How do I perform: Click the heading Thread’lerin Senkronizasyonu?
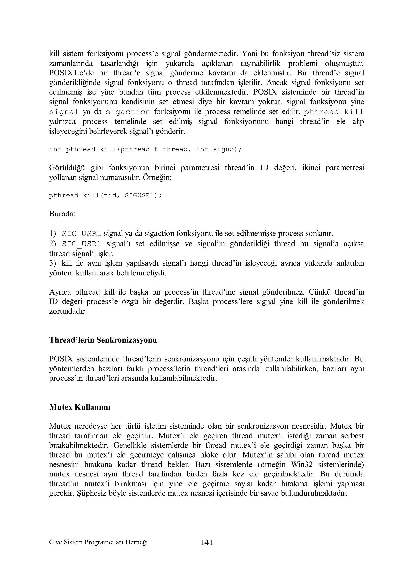(x=103, y=340)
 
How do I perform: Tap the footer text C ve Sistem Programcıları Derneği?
(x=98, y=542)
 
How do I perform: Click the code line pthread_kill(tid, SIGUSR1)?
(x=105, y=195)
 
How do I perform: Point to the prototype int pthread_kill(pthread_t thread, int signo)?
(x=145, y=149)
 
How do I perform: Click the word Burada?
(x=62, y=214)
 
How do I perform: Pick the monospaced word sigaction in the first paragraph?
(x=128, y=112)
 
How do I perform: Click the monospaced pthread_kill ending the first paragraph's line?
(x=334, y=112)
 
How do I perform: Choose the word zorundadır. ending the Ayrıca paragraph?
(x=68, y=311)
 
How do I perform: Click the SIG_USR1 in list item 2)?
(x=81, y=244)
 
